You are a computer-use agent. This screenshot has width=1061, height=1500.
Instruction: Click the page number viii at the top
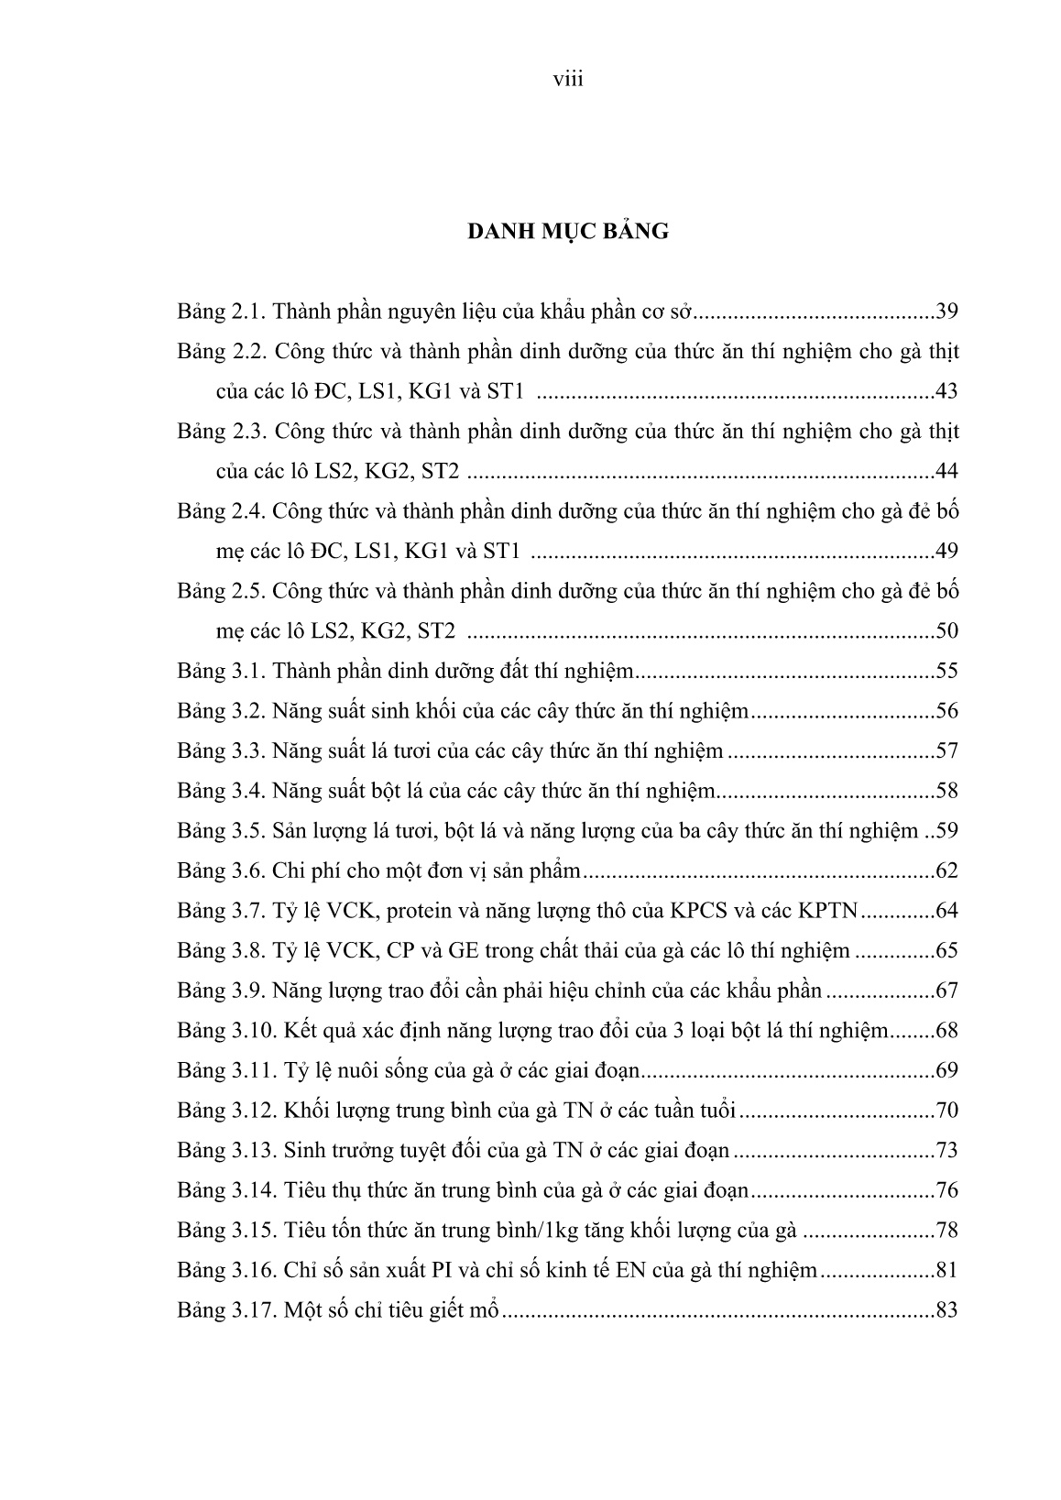(x=568, y=80)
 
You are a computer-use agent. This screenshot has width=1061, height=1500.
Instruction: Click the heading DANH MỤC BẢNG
(x=568, y=231)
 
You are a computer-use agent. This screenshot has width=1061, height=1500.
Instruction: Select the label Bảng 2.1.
(x=221, y=312)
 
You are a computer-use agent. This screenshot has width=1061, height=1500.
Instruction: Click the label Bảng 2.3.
(x=221, y=432)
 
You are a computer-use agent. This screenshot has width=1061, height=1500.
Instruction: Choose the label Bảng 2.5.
(x=221, y=591)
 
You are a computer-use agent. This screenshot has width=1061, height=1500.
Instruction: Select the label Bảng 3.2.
(x=221, y=712)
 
